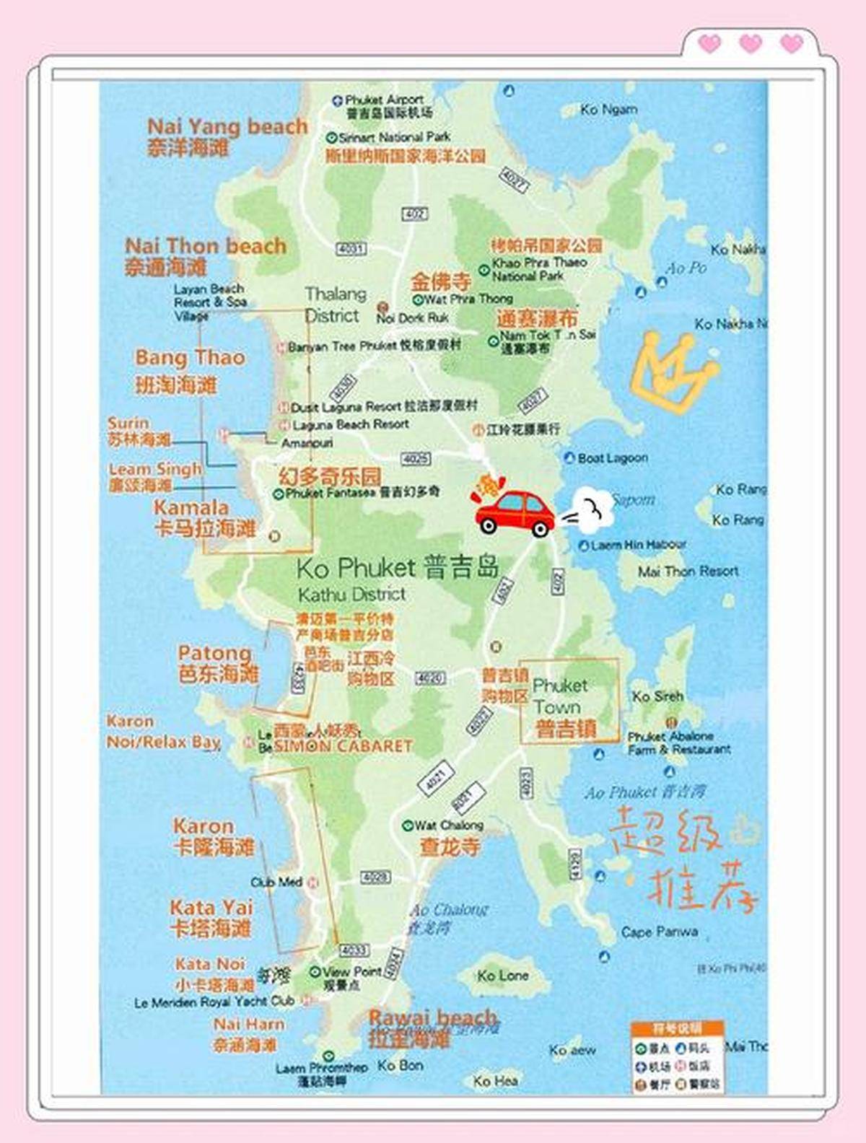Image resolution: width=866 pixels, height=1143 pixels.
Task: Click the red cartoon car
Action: pyautogui.click(x=515, y=513)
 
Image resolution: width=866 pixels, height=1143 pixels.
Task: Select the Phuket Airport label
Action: pyautogui.click(x=384, y=100)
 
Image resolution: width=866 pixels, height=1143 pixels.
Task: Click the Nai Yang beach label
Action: pyautogui.click(x=227, y=127)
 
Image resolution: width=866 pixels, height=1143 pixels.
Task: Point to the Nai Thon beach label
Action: pyautogui.click(x=206, y=246)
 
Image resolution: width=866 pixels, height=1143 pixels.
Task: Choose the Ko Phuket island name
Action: pyautogui.click(x=397, y=568)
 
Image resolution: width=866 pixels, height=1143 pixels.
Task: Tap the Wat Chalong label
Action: pyautogui.click(x=448, y=825)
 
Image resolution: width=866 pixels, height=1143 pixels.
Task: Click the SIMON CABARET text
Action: pyautogui.click(x=343, y=746)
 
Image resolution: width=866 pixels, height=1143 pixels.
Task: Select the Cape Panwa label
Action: pyautogui.click(x=660, y=932)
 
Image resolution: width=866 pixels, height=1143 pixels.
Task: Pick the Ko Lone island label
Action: pyautogui.click(x=502, y=976)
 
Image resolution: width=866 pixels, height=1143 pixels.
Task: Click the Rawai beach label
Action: pyautogui.click(x=433, y=1018)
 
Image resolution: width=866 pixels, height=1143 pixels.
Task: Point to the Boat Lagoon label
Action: pyautogui.click(x=613, y=458)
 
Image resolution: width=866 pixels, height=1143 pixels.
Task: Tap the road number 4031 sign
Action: pyautogui.click(x=351, y=249)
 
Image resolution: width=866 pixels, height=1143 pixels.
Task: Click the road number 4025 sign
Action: pyautogui.click(x=416, y=459)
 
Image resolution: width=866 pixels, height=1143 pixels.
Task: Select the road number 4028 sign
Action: pyautogui.click(x=375, y=877)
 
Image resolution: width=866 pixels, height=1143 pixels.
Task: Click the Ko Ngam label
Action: pyautogui.click(x=609, y=110)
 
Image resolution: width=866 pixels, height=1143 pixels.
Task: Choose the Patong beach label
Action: pyautogui.click(x=215, y=654)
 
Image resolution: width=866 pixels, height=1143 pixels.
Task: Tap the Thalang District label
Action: pyautogui.click(x=334, y=305)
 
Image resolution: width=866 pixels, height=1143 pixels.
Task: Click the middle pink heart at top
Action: pyautogui.click(x=751, y=43)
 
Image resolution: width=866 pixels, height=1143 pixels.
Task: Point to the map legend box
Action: pyautogui.click(x=677, y=1056)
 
